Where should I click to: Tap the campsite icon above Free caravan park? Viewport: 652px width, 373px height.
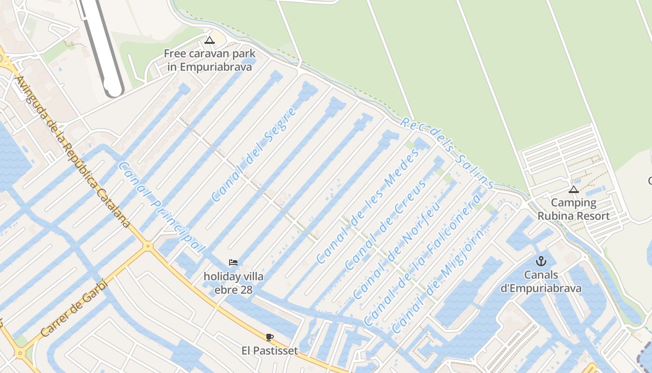[x=210, y=40]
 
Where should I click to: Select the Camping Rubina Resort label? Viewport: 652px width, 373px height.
[x=573, y=209]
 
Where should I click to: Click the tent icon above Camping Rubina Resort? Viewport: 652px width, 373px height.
[x=573, y=189]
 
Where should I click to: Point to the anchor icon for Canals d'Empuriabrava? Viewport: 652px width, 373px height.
[x=541, y=261]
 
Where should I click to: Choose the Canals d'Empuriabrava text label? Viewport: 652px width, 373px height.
[x=541, y=282]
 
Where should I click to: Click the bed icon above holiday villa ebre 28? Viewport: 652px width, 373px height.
[x=233, y=262]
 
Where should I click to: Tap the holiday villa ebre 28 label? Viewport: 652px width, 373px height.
[x=233, y=283]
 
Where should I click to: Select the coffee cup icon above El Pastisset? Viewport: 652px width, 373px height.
[x=269, y=337]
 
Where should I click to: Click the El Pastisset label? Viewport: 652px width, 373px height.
[x=270, y=351]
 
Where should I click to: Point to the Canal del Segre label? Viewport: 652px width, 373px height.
[x=254, y=154]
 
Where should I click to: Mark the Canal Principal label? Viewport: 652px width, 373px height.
[x=161, y=207]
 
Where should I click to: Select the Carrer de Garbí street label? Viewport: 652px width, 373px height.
[x=74, y=310]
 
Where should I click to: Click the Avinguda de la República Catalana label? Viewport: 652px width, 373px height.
[x=73, y=152]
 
